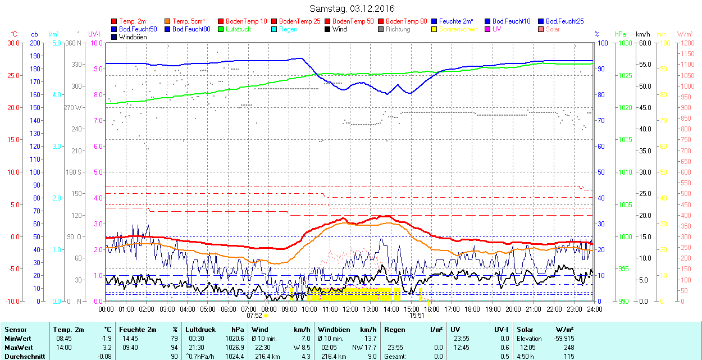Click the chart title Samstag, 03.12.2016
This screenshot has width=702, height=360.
[352, 8]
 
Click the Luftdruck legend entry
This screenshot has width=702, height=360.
[238, 29]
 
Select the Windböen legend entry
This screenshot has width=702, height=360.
[133, 37]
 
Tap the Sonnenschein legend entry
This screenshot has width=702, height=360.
[459, 29]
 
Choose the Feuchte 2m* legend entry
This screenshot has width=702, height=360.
[456, 21]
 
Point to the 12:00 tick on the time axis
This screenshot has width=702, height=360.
[350, 309]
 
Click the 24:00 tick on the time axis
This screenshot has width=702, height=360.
[594, 309]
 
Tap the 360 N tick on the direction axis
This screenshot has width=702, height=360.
[74, 43]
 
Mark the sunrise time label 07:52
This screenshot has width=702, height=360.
[255, 316]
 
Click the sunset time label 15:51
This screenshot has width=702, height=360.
[416, 316]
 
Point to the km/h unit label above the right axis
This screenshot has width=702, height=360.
[643, 34]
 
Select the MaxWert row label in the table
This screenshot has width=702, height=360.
[19, 348]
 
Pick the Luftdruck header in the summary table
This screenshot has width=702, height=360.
[200, 330]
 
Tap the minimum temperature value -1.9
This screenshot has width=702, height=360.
[106, 339]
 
